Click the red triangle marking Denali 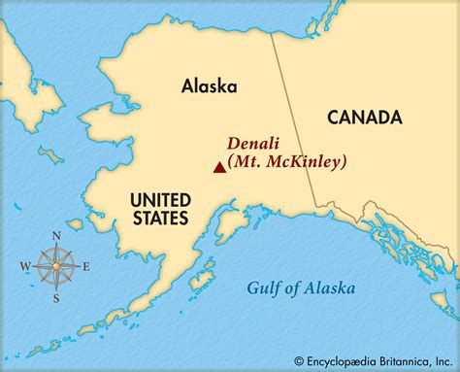click(219, 167)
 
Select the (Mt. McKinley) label click(287, 162)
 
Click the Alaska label click(209, 85)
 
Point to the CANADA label click(364, 118)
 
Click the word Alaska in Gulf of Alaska click(328, 287)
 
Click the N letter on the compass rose click(56, 236)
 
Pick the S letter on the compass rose click(56, 298)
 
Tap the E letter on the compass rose click(85, 266)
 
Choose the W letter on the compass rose click(24, 266)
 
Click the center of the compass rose click(56, 266)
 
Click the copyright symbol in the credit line click(300, 359)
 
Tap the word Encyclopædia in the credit click(338, 359)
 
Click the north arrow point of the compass click(56, 247)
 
